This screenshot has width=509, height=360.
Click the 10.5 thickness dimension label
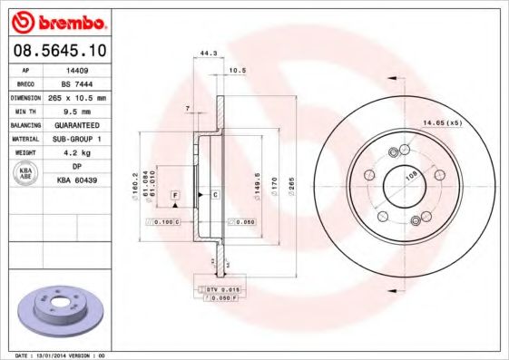pos(238,70)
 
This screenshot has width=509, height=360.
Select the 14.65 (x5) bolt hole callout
pos(442,122)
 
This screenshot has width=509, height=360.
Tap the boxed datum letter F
pos(173,196)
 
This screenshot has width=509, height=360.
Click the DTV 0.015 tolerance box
pos(217,289)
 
